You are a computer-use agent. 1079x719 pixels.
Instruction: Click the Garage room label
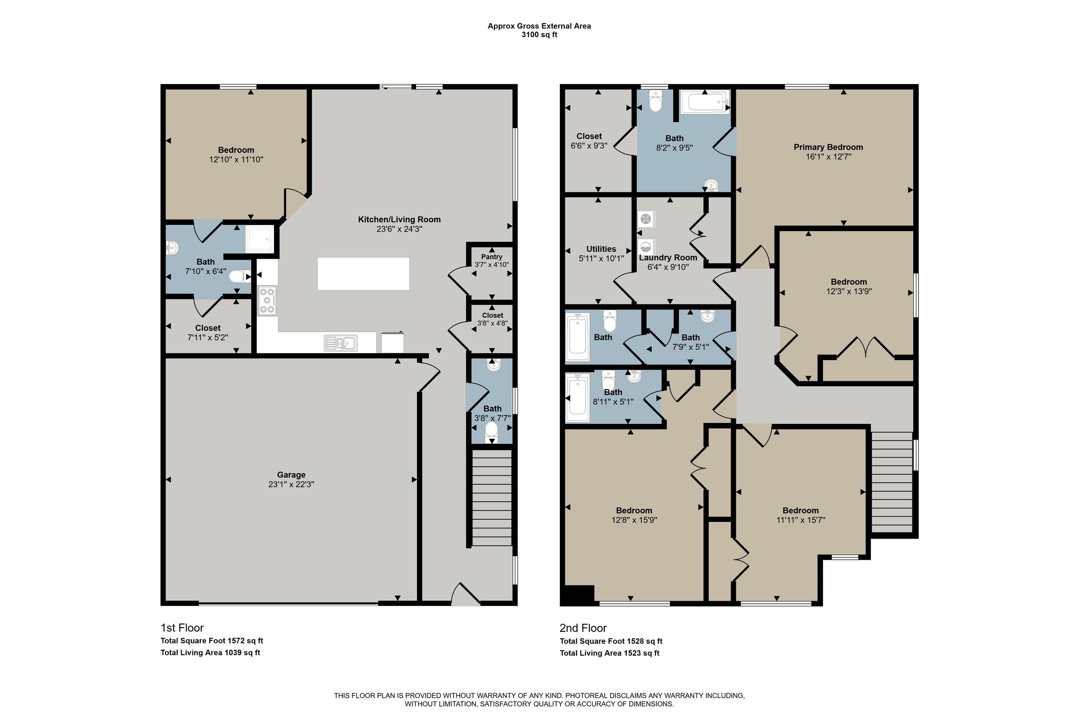click(x=291, y=475)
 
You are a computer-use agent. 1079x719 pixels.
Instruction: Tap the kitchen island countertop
click(x=363, y=274)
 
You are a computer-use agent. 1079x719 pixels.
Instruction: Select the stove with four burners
click(x=268, y=300)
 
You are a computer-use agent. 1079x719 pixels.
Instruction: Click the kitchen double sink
click(x=341, y=343)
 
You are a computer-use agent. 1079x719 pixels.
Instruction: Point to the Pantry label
click(x=492, y=257)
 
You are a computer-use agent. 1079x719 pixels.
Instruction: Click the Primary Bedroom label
click(x=828, y=147)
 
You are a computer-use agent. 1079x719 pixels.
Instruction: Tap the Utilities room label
click(x=601, y=249)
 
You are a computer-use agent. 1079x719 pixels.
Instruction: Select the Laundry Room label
click(x=668, y=257)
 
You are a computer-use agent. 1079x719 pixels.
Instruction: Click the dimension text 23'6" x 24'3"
click(x=399, y=229)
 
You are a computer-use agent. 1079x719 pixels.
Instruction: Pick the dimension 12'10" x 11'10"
click(x=236, y=160)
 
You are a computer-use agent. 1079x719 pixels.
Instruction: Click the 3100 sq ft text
click(x=539, y=35)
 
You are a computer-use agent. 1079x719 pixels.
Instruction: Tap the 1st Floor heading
click(x=182, y=628)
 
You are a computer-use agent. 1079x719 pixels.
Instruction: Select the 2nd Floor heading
click(x=583, y=628)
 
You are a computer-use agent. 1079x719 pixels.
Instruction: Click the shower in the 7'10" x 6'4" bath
click(x=260, y=239)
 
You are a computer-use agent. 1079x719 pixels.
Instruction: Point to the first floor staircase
click(x=492, y=498)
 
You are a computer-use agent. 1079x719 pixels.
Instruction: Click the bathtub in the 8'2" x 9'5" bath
click(x=705, y=102)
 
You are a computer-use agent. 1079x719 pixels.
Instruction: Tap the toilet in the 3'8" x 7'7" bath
click(x=491, y=431)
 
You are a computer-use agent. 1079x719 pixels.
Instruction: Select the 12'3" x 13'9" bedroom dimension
click(x=849, y=291)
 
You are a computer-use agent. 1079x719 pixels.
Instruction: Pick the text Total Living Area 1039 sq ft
click(x=210, y=653)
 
